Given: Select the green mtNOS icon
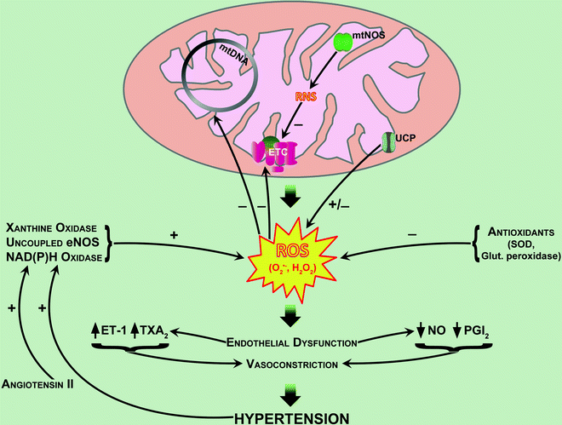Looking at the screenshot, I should [x=342, y=42].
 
